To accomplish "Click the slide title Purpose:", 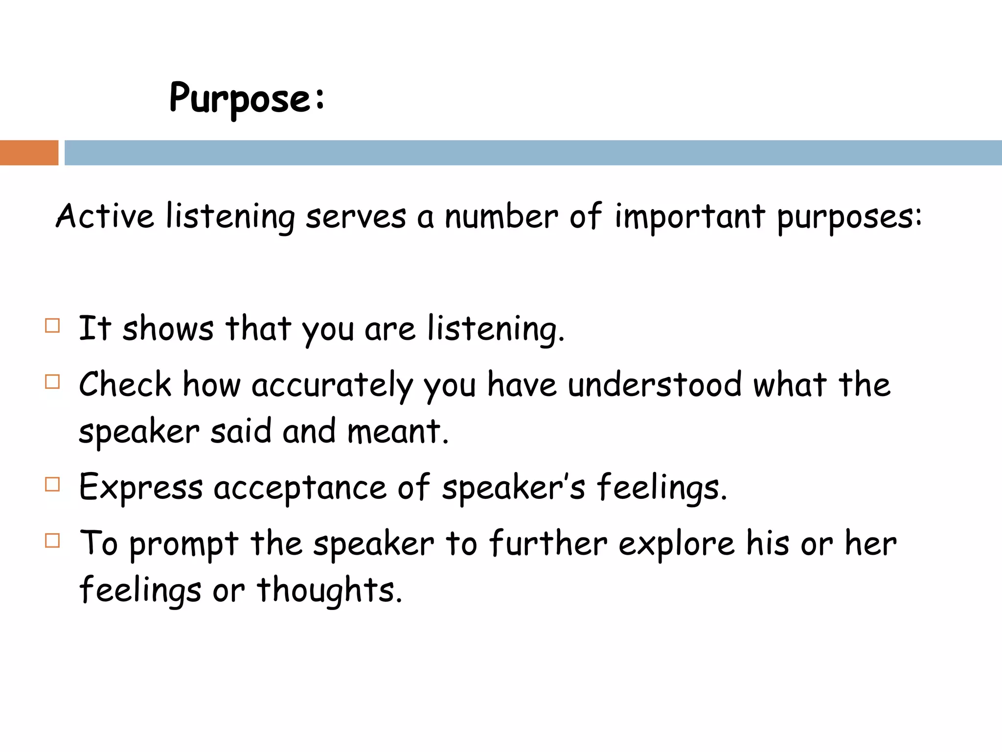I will (247, 98).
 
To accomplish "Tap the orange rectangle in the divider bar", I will (29, 153).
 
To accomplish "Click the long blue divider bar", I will (533, 153).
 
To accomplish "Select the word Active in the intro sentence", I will (105, 216).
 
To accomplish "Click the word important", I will (689, 216).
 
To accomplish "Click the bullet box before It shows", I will (52, 326).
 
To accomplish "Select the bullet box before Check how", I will (52, 381).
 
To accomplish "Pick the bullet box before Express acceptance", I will (52, 484).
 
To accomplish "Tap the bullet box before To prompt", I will (52, 540).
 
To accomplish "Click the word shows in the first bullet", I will (168, 329).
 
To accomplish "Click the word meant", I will (397, 432).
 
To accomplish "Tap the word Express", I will (141, 488).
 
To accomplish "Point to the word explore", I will (677, 544).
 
